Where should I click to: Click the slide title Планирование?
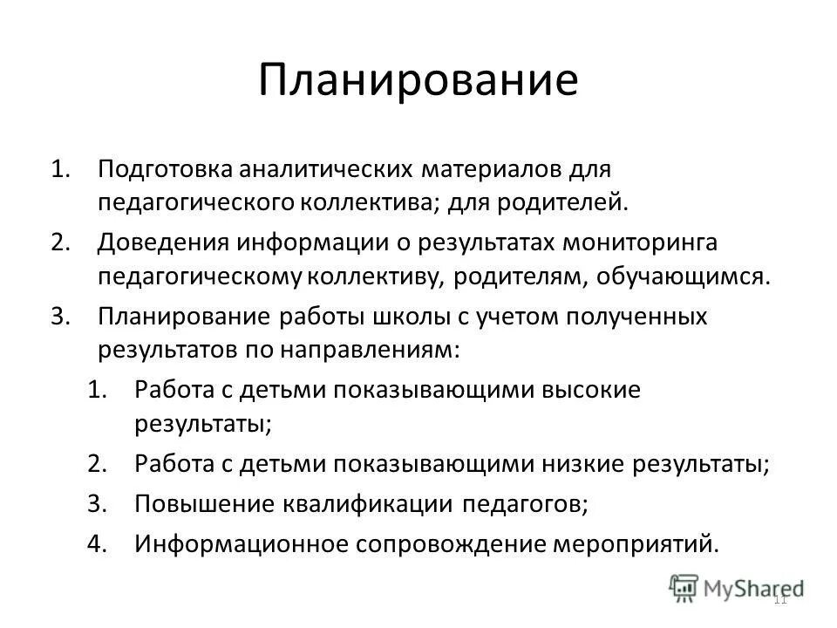click(418, 79)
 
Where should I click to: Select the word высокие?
click(592, 389)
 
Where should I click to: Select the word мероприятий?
click(636, 543)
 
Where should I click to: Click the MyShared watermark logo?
click(737, 587)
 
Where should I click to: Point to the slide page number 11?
click(779, 598)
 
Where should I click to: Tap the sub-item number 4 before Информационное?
click(97, 543)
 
